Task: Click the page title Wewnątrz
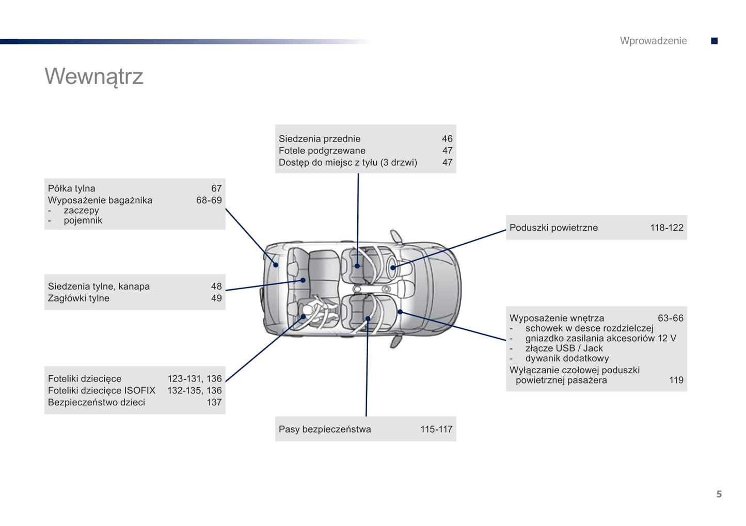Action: point(94,76)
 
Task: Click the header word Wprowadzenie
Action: point(653,41)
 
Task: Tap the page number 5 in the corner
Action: point(719,494)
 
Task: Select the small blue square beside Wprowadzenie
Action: point(715,41)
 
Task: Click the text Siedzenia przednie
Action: point(320,139)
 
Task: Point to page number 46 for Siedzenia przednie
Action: point(447,139)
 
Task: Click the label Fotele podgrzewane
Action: point(322,151)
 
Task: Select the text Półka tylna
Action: point(72,188)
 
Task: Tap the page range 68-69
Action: point(209,200)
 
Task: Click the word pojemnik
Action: point(83,220)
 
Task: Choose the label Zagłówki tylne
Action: point(78,298)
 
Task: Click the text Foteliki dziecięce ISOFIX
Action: point(102,391)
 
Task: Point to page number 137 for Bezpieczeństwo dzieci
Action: point(214,403)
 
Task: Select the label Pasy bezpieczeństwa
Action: point(325,429)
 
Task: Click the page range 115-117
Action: point(436,429)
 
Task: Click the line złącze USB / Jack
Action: point(564,348)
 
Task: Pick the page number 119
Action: point(676,380)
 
